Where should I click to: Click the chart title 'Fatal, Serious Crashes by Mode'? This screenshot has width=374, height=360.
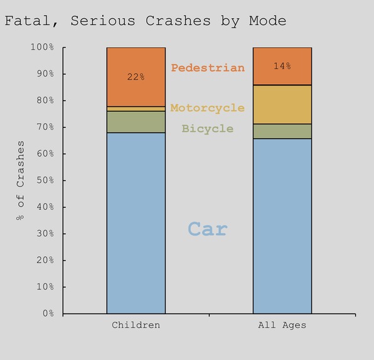[145, 21]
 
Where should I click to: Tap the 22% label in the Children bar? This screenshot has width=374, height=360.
[136, 77]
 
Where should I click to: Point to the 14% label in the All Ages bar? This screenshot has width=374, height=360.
[282, 66]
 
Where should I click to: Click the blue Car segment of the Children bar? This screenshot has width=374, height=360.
[136, 223]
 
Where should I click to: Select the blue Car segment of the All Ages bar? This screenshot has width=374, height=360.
[282, 226]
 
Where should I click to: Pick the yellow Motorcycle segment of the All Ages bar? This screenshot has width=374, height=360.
[282, 104]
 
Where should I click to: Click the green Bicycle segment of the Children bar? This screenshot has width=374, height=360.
[136, 122]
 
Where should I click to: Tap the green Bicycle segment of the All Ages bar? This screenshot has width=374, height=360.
[282, 131]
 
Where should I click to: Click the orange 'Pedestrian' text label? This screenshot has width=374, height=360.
[208, 68]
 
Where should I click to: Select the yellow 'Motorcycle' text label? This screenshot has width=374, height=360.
[207, 108]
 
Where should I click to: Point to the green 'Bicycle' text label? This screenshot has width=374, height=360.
[207, 129]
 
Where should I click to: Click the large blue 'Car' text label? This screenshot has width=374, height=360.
[208, 229]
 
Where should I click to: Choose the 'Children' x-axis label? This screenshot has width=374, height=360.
[136, 325]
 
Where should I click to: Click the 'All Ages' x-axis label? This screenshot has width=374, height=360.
[282, 325]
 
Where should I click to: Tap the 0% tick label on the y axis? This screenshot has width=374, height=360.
[47, 314]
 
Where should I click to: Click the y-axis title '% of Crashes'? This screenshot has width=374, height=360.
[21, 180]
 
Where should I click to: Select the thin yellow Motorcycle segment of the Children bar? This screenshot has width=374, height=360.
[136, 109]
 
